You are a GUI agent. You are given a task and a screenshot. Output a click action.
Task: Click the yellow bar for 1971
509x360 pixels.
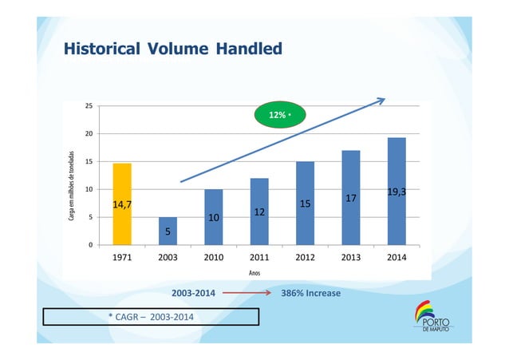(122, 204)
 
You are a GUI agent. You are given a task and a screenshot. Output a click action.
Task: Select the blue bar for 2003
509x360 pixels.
(168, 231)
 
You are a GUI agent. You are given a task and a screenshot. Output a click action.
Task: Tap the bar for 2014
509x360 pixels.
(397, 191)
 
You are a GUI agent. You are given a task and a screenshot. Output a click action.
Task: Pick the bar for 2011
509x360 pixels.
(259, 211)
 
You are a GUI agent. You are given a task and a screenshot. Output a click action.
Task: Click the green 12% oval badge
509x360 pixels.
(280, 115)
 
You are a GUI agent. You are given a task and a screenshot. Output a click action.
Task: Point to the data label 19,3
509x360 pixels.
(397, 192)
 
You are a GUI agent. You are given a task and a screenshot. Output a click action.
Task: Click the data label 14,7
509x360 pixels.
(122, 205)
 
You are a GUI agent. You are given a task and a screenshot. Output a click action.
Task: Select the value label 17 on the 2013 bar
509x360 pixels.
(350, 197)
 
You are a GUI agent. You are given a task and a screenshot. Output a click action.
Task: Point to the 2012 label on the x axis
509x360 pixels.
(305, 259)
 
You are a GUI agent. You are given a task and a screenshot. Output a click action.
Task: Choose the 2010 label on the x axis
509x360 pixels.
(213, 259)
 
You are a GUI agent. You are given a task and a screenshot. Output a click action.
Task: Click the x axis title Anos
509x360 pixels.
(254, 273)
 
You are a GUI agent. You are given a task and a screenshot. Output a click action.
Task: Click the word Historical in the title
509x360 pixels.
(100, 50)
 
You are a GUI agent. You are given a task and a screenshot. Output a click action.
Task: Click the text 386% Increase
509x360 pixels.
(311, 294)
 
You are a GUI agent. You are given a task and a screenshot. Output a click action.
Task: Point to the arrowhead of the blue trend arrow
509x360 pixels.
(382, 101)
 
